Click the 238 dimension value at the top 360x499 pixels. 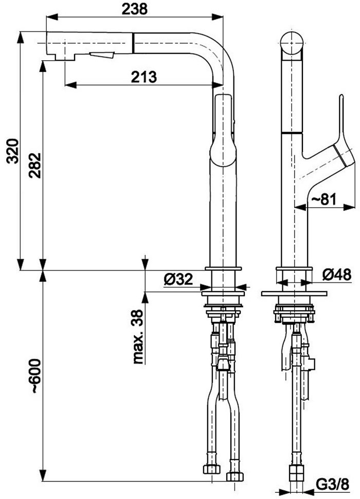(x=135, y=9)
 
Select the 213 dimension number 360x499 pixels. (x=144, y=77)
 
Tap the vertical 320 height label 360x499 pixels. (x=13, y=151)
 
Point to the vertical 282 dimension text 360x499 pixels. (x=34, y=166)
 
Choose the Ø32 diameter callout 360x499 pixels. (x=178, y=279)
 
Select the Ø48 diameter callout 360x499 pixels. (x=336, y=274)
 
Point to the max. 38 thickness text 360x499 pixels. (x=138, y=337)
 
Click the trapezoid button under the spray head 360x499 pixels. (x=102, y=55)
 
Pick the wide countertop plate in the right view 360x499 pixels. (x=294, y=293)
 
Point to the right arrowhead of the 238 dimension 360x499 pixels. (x=217, y=17)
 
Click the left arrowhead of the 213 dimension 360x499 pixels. (x=70, y=85)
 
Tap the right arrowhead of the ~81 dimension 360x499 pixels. (x=349, y=207)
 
